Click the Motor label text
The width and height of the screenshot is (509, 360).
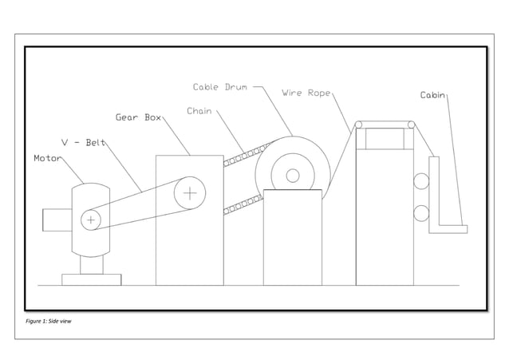pos(47,158)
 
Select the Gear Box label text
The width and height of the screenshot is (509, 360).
pos(138,117)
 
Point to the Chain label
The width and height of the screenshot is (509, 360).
pos(199,111)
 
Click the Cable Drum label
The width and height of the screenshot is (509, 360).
pos(219,87)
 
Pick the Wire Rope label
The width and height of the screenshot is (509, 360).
pos(306,93)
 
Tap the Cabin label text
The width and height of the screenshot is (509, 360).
pos(432,95)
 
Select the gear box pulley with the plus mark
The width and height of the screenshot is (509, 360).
pos(190,192)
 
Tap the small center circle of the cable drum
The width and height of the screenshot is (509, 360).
pos(293,176)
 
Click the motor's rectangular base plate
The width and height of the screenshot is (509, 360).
pos(92,279)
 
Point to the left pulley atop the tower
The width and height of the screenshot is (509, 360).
pos(359,125)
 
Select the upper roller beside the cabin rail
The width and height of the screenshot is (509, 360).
pos(420,181)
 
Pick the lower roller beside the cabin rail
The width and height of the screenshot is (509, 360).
pos(420,213)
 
